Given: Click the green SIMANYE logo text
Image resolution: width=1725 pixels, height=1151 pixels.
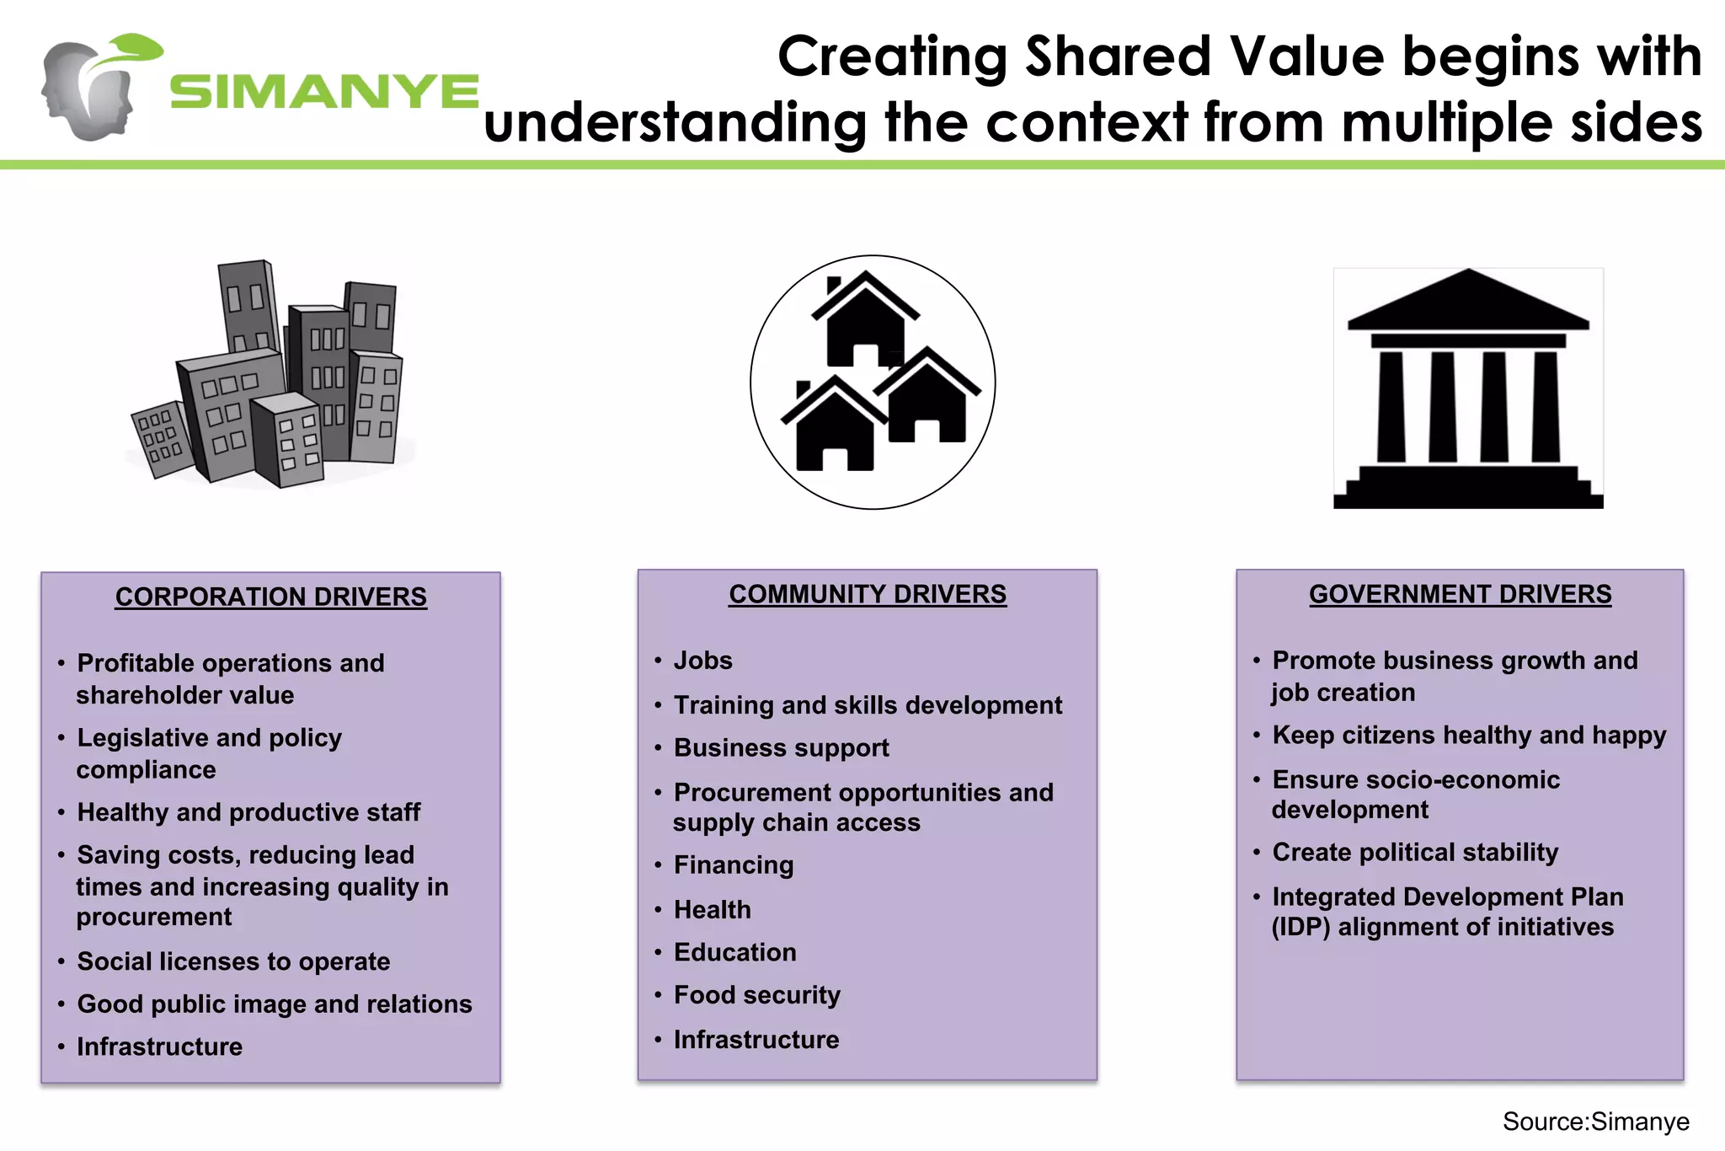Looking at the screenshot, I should (324, 92).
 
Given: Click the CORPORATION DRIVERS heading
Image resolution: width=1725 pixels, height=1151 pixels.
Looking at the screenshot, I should (271, 597).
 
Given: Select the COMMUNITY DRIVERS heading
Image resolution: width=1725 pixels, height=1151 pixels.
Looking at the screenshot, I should (868, 594).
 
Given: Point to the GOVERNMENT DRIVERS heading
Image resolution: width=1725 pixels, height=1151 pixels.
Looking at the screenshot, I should (1460, 594).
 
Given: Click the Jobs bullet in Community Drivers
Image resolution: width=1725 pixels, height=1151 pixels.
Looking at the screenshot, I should (702, 661).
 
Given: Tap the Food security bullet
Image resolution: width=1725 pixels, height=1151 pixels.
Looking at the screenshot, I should (756, 995).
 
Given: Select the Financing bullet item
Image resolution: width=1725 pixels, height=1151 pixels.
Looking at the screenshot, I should (733, 865).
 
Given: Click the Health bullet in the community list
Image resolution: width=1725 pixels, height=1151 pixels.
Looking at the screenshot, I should (712, 910).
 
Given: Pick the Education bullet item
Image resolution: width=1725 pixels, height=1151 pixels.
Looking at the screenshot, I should (734, 952).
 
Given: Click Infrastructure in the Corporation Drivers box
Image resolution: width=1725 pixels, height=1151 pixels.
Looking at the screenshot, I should (159, 1047).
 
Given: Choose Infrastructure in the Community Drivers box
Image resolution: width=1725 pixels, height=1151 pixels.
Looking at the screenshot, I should (756, 1040).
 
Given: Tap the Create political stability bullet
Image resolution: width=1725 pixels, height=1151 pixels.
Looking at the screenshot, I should (1415, 852).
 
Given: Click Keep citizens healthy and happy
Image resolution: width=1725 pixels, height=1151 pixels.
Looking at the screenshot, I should (1469, 736).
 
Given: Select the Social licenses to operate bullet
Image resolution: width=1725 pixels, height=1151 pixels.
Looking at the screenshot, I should (233, 961).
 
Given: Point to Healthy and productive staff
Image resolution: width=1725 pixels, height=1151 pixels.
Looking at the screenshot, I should (248, 812).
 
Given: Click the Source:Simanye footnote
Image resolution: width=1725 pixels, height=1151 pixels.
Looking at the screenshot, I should (1595, 1122).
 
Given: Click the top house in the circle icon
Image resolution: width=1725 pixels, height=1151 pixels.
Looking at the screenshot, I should (865, 320).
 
